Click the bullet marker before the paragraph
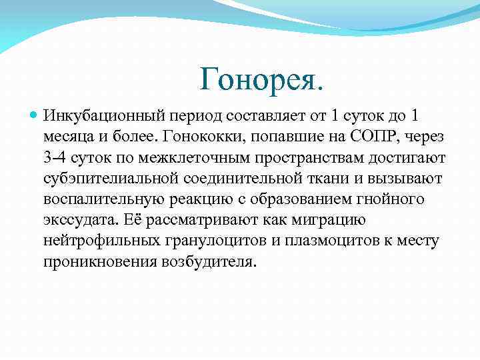tap(35, 116)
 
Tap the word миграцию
tap(326, 220)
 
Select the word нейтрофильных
tap(97, 241)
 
